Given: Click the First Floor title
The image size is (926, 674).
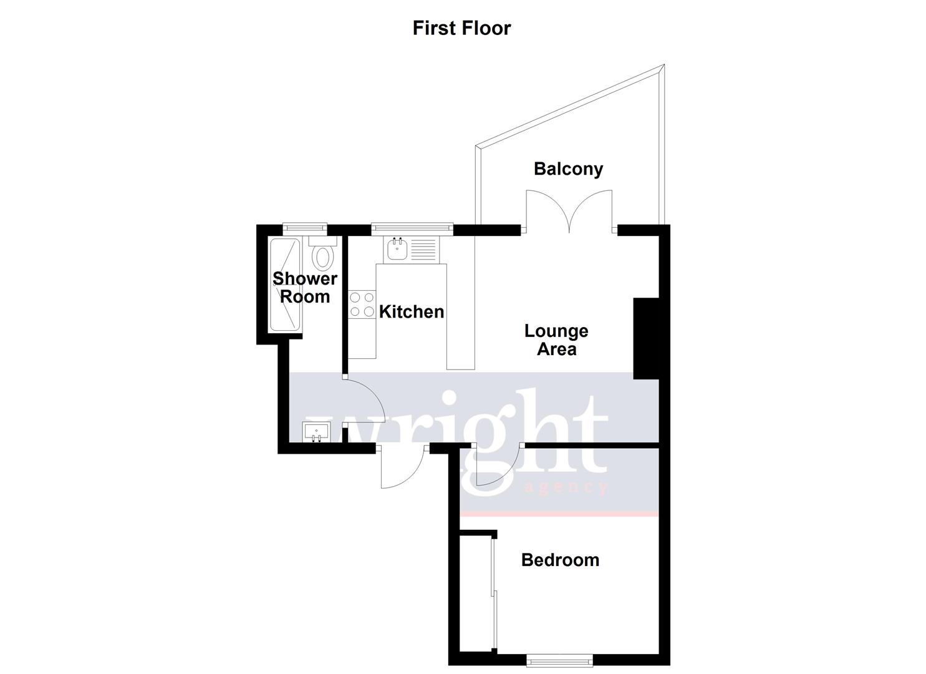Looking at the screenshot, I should click(461, 28).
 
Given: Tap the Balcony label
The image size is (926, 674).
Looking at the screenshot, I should click(568, 168).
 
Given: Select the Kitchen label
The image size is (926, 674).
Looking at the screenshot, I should click(412, 311).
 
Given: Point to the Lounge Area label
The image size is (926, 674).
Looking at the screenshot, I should click(556, 339).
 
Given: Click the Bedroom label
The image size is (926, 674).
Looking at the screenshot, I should click(560, 560).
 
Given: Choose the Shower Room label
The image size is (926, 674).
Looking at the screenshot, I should click(304, 287).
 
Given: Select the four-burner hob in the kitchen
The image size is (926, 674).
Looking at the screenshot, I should click(362, 305).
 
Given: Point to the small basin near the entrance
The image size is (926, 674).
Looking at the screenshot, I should click(316, 432).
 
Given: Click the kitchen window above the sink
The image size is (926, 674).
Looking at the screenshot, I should click(412, 228).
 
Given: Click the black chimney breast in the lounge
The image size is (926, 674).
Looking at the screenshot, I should click(646, 338).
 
